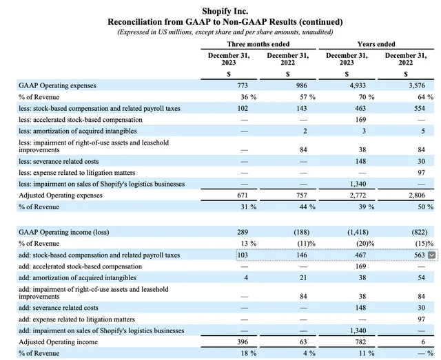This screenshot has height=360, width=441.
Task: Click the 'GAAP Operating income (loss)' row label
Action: [63, 233]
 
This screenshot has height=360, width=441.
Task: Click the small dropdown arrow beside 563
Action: [432, 255]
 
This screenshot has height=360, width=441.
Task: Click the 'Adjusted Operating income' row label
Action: [59, 342]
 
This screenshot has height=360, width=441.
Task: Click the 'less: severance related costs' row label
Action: [61, 161]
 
